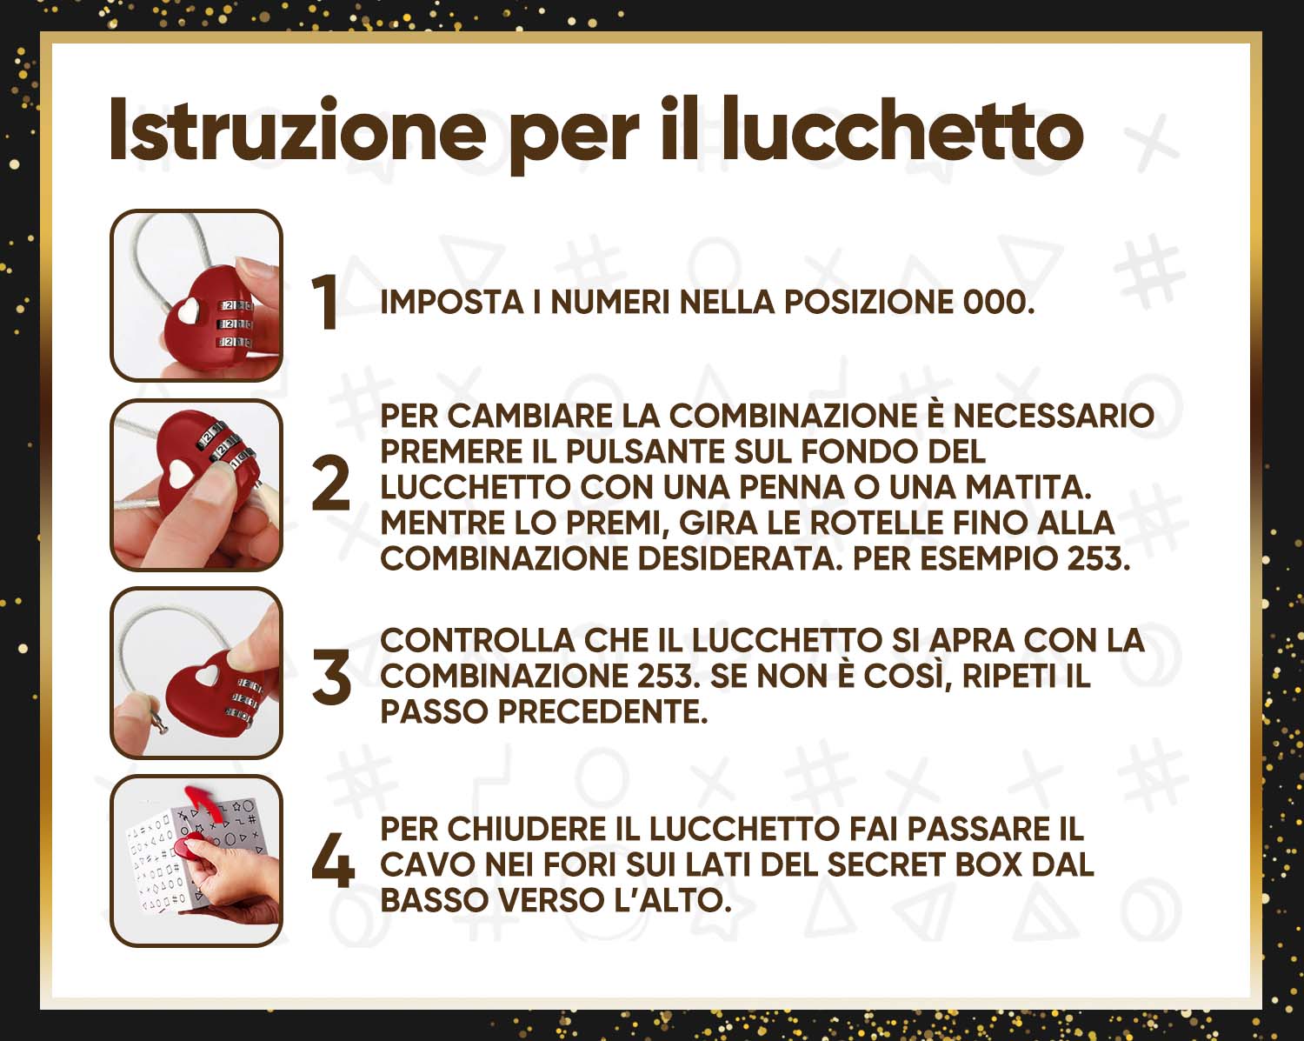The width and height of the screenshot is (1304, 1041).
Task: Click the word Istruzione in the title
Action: [297, 130]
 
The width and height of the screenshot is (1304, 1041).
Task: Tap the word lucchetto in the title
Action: [903, 130]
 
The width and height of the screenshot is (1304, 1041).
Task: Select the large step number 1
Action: [326, 302]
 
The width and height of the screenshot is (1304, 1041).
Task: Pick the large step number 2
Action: [330, 484]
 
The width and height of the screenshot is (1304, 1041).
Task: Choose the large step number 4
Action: [333, 860]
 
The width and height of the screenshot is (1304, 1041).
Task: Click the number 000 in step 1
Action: [999, 302]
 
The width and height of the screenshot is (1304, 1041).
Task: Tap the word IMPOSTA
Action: [451, 302]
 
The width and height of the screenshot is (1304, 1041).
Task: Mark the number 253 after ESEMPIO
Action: [1098, 558]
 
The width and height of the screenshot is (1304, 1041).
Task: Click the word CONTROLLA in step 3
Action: [477, 640]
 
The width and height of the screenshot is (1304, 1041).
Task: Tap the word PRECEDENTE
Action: [602, 711]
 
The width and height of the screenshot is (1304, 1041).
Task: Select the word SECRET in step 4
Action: [887, 864]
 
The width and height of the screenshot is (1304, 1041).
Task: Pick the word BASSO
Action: [433, 900]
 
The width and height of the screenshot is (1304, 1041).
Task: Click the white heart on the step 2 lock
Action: [181, 474]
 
